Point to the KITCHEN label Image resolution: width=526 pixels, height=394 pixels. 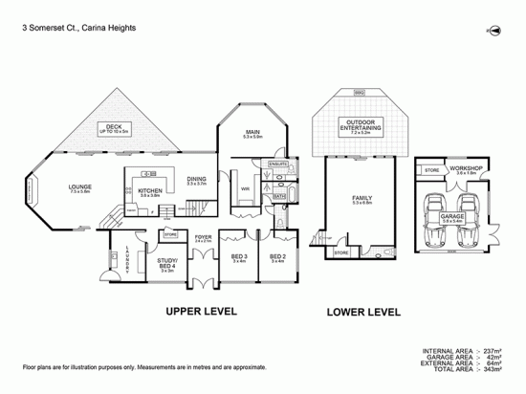(x=149, y=190)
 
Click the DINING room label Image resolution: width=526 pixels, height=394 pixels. (x=196, y=179)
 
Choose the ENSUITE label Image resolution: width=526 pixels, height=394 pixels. (x=278, y=164)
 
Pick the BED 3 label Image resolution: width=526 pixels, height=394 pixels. (x=241, y=256)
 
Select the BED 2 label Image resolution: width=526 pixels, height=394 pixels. (x=276, y=256)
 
